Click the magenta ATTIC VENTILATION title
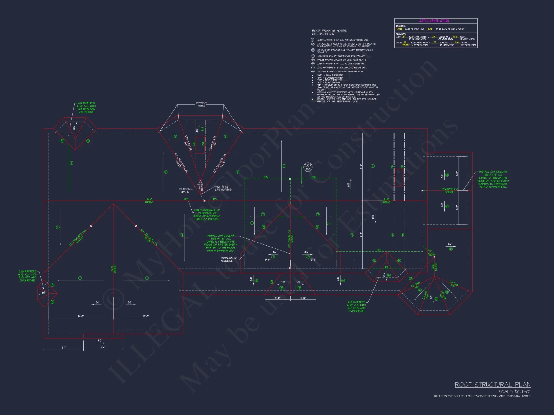[434, 21]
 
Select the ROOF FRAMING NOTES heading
[329, 31]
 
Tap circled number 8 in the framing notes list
[313, 71]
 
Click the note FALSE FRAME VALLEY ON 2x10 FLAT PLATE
[341, 60]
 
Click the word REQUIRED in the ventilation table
[400, 26]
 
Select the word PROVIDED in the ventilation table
[401, 34]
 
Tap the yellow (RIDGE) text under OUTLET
[406, 45]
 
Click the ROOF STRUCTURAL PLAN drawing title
[493, 385]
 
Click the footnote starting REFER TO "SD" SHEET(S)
[482, 396]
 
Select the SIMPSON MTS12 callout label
[201, 104]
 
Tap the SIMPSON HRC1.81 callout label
[185, 191]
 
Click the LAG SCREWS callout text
[223, 190]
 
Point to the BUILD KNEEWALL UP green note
[207, 215]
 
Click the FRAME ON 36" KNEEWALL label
[229, 259]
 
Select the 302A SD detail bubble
[308, 167]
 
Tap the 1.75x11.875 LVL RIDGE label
[449, 191]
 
